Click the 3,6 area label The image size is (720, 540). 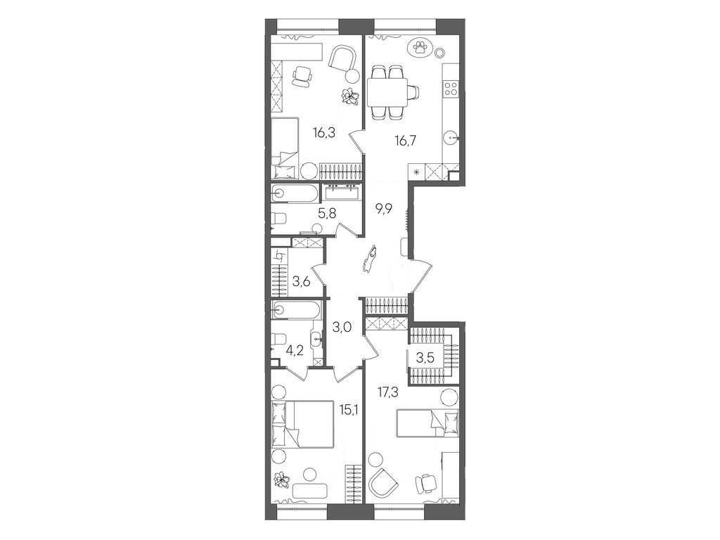pos(302,283)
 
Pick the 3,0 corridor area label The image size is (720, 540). pos(342,326)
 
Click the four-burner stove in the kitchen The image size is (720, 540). pos(451,89)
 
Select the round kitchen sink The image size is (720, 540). pos(451,138)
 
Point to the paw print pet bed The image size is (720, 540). pos(420,47)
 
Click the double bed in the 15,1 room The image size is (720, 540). pos(302,423)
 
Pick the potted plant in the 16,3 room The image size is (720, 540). pos(349,96)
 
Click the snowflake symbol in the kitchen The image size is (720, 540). pos(418,172)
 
